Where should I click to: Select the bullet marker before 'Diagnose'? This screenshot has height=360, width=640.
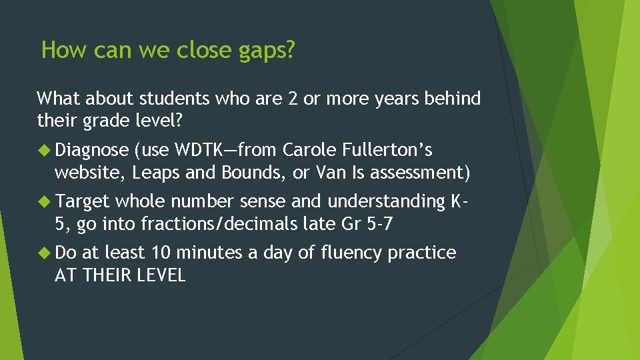point(45,149)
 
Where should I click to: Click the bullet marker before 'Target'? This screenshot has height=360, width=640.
point(45,201)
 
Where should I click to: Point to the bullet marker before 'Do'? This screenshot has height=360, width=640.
point(45,253)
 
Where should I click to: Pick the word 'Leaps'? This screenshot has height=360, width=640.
point(156,173)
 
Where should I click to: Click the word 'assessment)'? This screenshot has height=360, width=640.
point(420,173)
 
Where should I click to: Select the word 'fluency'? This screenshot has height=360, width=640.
point(354,253)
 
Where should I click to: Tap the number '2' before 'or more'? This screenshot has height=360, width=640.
point(291,99)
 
